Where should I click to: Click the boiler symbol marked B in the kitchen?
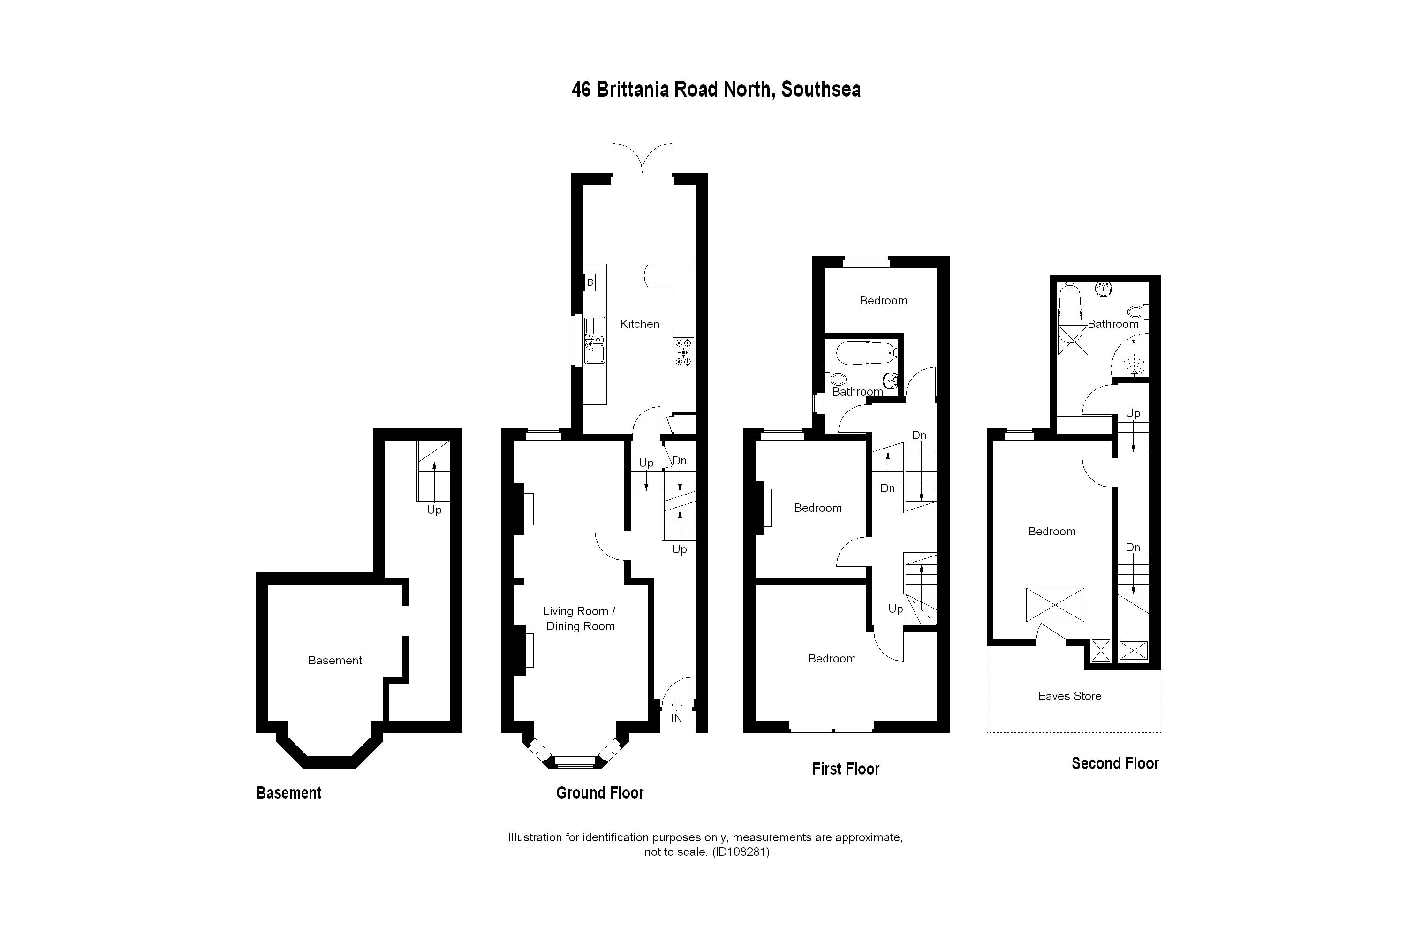(x=590, y=282)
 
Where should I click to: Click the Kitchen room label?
(x=639, y=324)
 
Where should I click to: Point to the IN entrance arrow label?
(x=676, y=718)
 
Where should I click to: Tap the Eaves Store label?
(x=1069, y=696)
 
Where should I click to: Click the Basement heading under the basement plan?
(x=289, y=793)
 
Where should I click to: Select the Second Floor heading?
(x=1115, y=763)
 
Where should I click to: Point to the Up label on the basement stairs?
(x=434, y=510)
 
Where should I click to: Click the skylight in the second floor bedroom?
(x=1055, y=605)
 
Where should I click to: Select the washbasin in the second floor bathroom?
(x=1104, y=289)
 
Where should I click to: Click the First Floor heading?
(x=846, y=769)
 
